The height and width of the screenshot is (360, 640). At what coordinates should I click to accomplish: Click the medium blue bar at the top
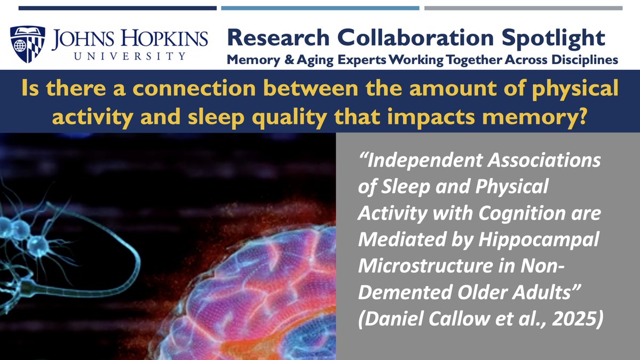(320, 8)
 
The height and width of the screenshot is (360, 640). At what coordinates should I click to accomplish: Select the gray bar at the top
(523, 8)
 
